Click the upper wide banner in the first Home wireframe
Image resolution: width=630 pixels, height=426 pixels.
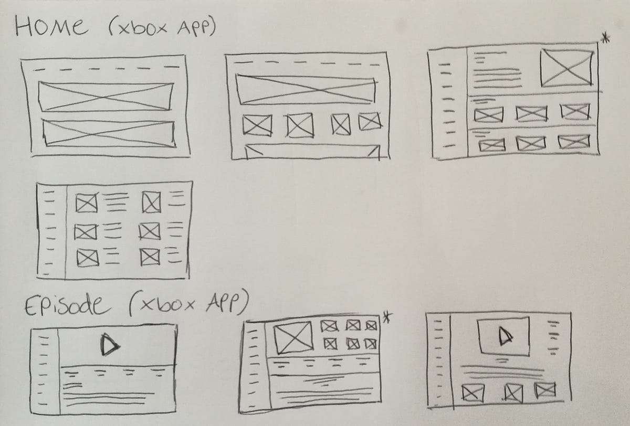(106, 97)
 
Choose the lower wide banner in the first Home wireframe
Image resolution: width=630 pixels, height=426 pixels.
(108, 132)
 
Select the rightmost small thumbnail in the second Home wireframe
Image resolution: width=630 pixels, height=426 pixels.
(369, 122)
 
